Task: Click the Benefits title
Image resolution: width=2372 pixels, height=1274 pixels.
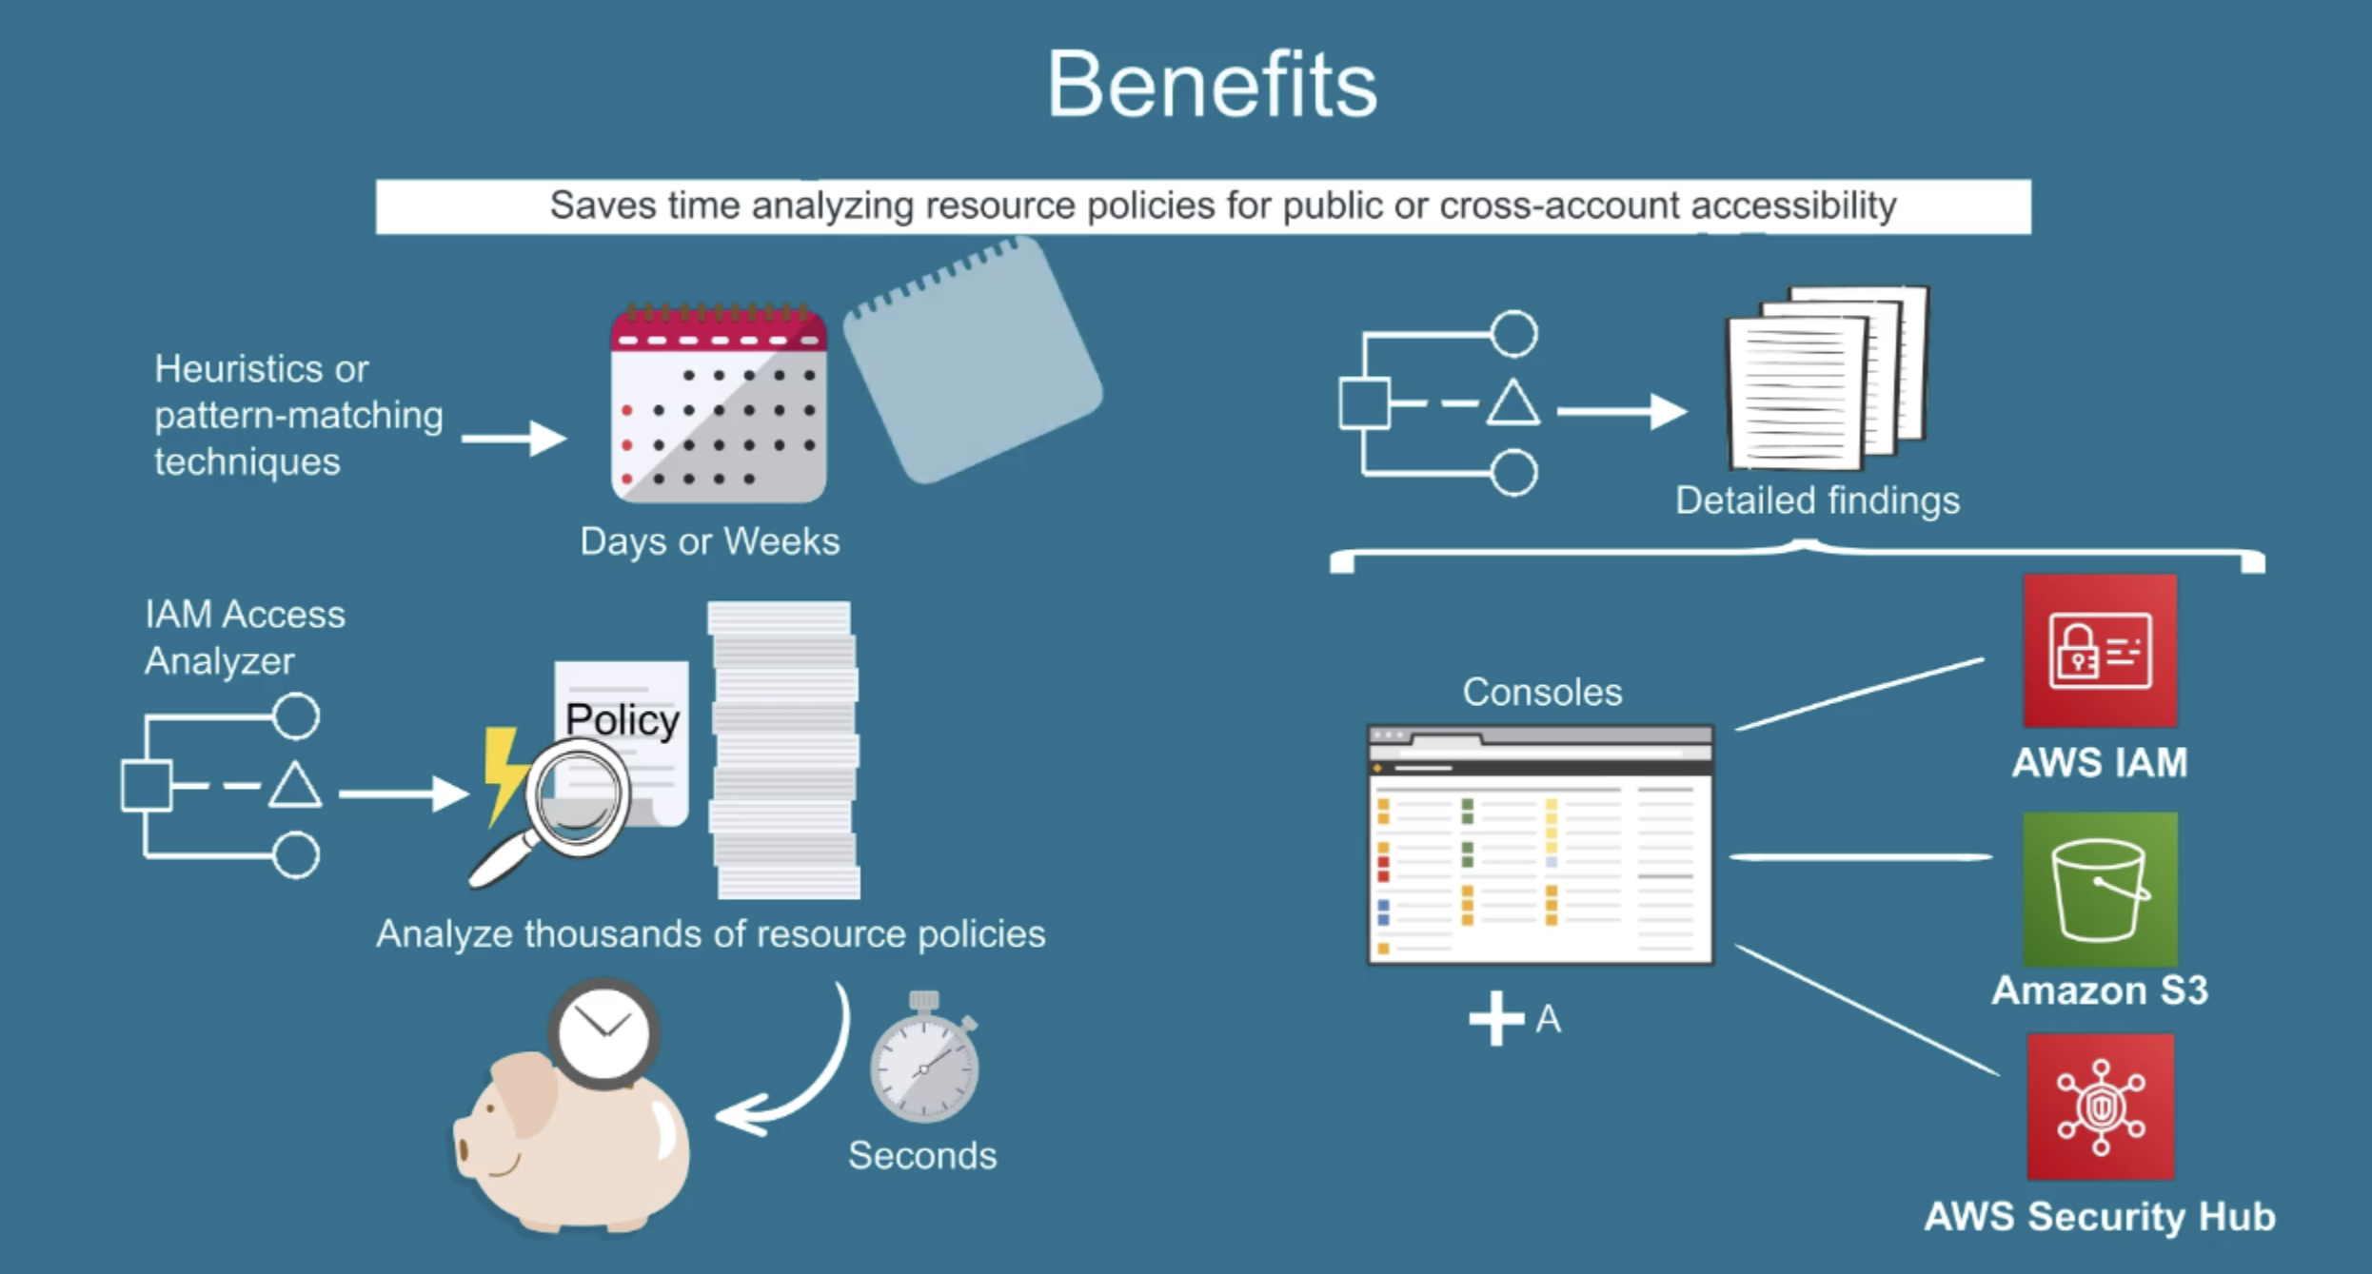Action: point(1212,85)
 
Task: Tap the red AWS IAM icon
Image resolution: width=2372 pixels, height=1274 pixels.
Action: point(2100,651)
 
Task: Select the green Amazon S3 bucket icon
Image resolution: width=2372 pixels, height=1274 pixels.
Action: point(2100,889)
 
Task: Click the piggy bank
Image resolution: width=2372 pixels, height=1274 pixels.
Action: point(571,1142)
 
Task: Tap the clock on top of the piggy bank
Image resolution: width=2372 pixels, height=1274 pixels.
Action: point(603,1033)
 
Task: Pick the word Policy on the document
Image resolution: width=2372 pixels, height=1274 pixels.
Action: point(623,720)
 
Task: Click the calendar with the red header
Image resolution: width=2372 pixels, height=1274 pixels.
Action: point(719,403)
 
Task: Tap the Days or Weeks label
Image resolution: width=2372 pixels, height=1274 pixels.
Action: point(710,541)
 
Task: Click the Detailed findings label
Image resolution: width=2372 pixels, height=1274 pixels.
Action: point(1817,500)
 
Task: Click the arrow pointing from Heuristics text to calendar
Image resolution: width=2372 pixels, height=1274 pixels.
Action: point(514,439)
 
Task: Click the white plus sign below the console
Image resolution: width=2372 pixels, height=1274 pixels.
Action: point(1496,1018)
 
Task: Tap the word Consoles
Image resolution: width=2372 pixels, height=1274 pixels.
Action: point(1542,693)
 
